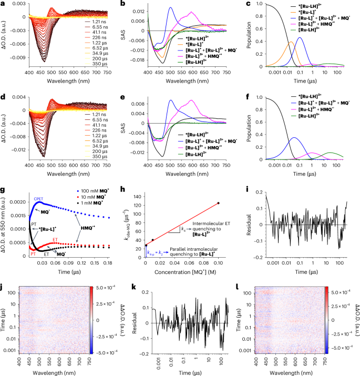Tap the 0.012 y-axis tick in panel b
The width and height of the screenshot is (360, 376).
click(137, 11)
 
